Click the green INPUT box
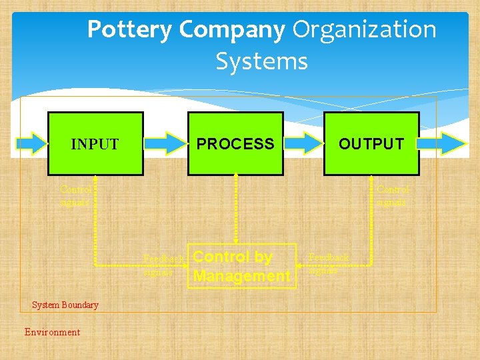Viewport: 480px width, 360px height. [95, 144]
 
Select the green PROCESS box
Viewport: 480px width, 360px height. [235, 144]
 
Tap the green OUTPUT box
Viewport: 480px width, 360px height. [371, 144]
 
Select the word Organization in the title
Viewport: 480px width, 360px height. [365, 30]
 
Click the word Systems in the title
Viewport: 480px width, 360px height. [261, 61]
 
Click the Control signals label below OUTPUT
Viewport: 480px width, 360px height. [392, 195]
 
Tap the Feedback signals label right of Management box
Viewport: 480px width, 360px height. [328, 263]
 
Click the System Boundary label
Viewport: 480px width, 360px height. [65, 305]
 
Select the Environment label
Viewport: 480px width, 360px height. [52, 332]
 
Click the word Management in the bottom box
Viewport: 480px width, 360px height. [242, 276]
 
